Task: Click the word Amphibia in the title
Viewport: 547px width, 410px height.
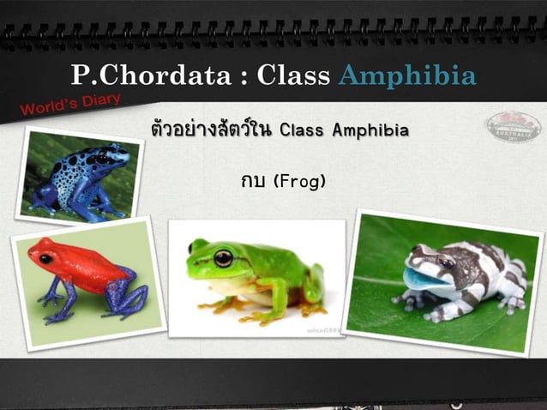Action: click(x=407, y=75)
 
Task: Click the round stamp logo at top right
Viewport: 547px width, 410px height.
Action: click(x=514, y=127)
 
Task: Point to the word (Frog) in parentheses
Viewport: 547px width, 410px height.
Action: click(x=298, y=182)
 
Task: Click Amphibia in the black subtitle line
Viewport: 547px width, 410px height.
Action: click(x=370, y=131)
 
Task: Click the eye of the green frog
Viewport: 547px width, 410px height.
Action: click(x=224, y=256)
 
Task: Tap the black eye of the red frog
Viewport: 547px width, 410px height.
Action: click(x=45, y=258)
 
